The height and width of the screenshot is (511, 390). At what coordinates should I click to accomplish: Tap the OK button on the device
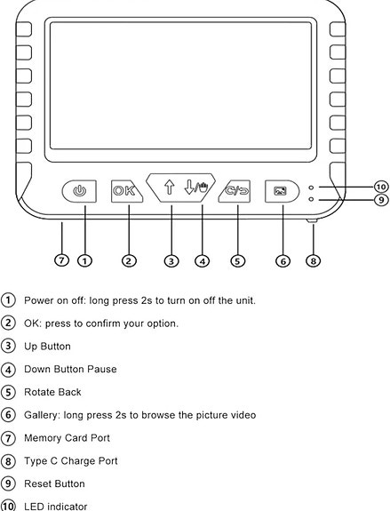point(123,190)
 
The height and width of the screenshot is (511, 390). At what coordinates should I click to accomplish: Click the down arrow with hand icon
point(195,188)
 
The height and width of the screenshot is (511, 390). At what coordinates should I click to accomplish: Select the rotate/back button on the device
point(237,190)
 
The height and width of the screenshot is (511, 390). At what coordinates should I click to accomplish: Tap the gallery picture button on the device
point(280,190)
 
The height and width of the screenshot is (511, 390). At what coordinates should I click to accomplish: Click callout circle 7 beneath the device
point(61,260)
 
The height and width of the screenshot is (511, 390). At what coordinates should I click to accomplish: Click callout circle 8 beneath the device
point(313,260)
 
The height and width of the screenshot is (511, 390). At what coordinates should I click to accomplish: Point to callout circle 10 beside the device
point(380,187)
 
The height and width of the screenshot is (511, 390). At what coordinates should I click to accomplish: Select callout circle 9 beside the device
point(380,200)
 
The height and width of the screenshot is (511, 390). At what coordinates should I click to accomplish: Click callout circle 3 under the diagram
point(171,260)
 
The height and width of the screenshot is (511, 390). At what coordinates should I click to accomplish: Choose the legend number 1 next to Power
point(9,300)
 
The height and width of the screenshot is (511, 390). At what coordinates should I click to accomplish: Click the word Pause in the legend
point(102,369)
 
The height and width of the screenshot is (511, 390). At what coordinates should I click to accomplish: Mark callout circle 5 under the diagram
point(237,260)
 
